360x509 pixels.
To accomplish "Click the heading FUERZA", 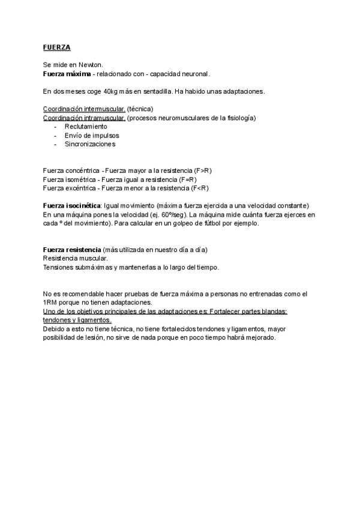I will tap(57, 47).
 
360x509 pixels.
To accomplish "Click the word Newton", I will tap(91, 64).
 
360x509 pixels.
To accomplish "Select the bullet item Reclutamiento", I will tap(86, 127).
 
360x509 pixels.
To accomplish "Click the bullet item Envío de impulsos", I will tap(92, 135).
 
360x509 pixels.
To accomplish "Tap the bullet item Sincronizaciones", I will tap(90, 144).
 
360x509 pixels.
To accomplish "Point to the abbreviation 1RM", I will tap(51, 303).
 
